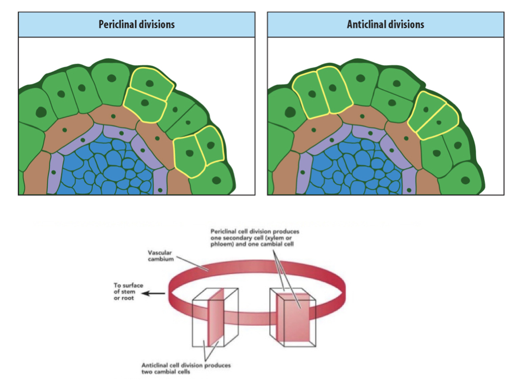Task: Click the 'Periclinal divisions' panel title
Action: pyautogui.click(x=137, y=25)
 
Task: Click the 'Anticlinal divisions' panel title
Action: pyautogui.click(x=385, y=25)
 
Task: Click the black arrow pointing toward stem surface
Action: pyautogui.click(x=154, y=293)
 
